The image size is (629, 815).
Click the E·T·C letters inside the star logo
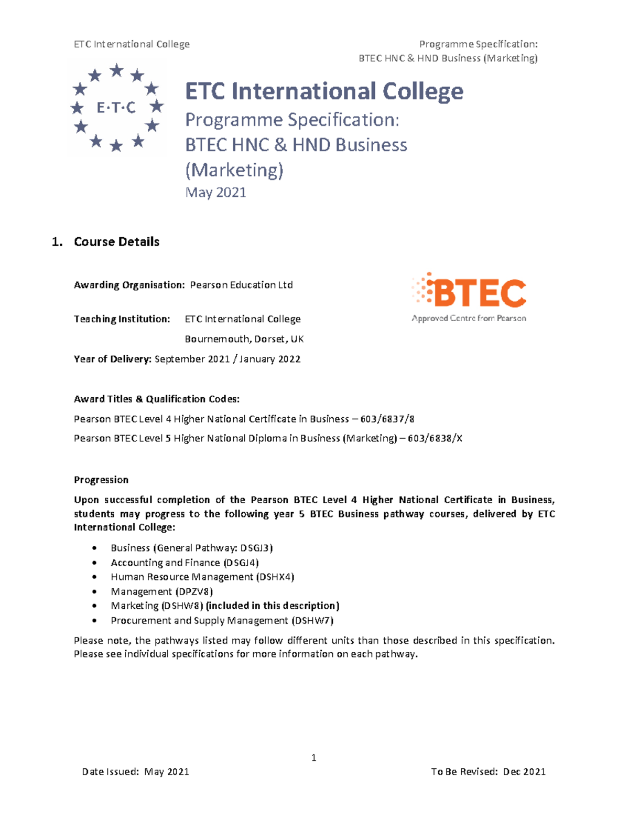click(116, 108)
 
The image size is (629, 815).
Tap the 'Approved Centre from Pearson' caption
click(469, 318)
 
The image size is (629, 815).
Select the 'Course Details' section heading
click(116, 242)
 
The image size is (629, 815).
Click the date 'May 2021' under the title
click(215, 193)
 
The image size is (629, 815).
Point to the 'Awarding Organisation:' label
click(129, 285)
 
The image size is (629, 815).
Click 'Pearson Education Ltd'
click(241, 285)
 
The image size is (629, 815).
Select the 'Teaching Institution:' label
click(122, 319)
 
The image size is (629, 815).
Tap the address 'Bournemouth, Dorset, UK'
click(244, 339)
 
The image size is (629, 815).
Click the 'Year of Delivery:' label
click(113, 359)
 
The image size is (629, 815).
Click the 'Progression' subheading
click(101, 480)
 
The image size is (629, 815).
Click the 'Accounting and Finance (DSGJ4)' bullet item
click(185, 563)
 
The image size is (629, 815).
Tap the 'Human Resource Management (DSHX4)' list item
click(202, 577)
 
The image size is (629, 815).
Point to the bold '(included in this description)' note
click(273, 606)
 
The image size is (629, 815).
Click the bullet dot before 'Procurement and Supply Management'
click(94, 620)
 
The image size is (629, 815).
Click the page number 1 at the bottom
click(313, 757)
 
